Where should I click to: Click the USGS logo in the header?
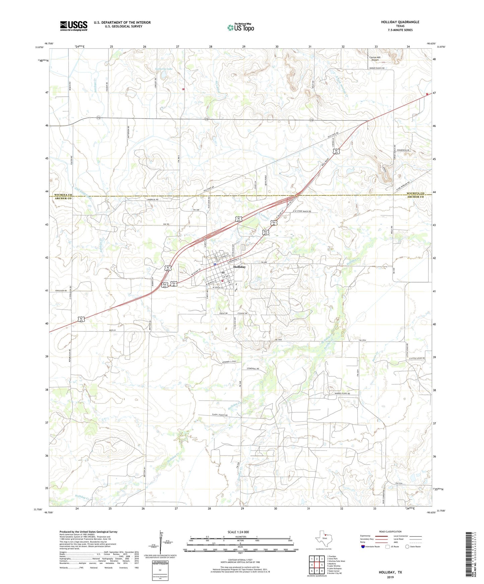click(74, 26)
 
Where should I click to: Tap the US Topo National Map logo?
click(240, 27)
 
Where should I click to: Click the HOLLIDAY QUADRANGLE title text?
click(400, 22)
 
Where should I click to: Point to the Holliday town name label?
click(239, 267)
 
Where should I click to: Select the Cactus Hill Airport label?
click(375, 59)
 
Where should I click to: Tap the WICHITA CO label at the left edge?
click(63, 195)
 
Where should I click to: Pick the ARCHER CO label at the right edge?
click(415, 197)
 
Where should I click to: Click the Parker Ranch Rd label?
click(377, 68)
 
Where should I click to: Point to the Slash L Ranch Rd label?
click(220, 415)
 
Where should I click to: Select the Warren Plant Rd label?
click(342, 393)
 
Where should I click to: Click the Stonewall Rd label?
click(253, 369)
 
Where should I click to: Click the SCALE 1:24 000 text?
click(238, 532)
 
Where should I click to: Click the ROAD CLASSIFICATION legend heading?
click(390, 531)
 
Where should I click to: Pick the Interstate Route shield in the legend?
click(363, 547)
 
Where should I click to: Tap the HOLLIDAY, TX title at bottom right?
click(390, 572)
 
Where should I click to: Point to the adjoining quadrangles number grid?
click(317, 565)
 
